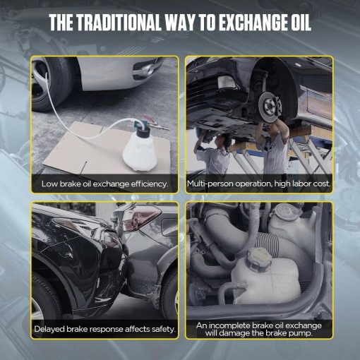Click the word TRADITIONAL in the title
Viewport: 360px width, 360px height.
pos(119,23)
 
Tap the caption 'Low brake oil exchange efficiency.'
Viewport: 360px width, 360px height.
pos(105,184)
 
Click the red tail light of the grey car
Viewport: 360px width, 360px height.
pos(141,218)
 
